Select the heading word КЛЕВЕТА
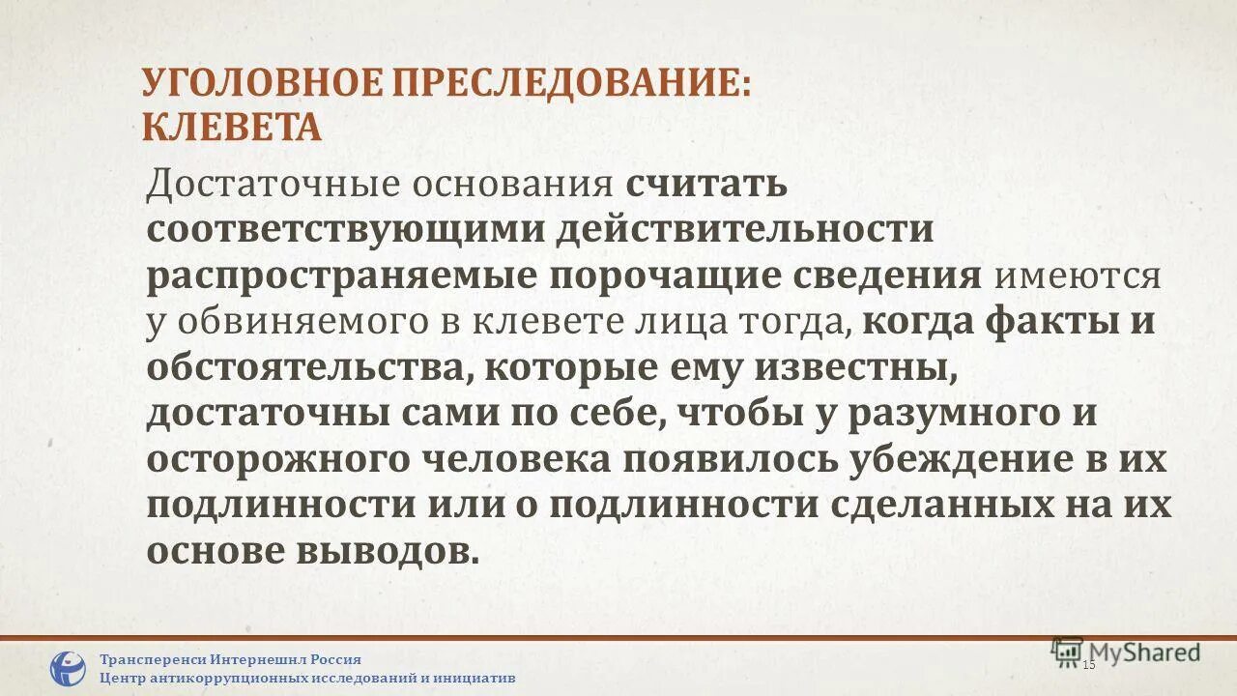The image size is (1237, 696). tap(232, 128)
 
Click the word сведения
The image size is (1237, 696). tap(887, 276)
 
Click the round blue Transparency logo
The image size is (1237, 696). tap(68, 668)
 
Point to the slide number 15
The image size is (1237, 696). tap(1089, 665)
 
